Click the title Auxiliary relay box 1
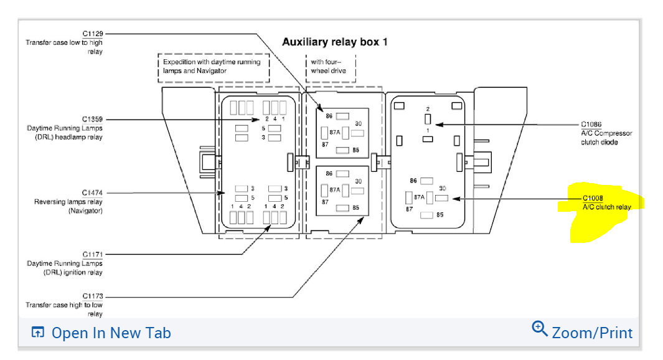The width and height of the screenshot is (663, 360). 335,42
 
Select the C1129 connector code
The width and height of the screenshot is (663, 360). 93,34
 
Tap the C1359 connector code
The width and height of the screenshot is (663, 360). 93,119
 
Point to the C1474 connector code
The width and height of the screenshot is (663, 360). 93,193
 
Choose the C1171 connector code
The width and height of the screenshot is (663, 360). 93,254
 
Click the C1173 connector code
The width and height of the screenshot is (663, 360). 93,296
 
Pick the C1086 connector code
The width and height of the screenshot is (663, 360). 591,125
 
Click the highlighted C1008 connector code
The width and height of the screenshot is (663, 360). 593,199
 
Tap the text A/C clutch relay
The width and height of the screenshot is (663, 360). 606,207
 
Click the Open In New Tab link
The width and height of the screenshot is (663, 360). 111,333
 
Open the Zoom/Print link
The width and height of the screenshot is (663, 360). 591,333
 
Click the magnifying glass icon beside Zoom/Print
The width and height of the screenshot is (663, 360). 540,328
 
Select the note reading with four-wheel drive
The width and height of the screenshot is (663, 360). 329,67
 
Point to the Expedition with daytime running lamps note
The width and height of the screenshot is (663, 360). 212,67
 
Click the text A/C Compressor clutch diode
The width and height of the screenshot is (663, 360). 606,138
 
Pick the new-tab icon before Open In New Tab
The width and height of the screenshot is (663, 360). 38,333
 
